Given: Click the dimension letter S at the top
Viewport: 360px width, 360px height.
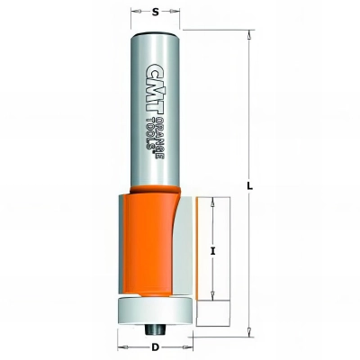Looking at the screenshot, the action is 155,12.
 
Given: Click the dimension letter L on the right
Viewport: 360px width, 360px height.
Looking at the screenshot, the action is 249,187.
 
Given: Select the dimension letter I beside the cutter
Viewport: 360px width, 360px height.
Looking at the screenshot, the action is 212,252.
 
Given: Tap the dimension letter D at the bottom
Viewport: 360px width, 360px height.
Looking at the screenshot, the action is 155,348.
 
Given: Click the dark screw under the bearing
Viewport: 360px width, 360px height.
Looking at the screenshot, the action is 155,329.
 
